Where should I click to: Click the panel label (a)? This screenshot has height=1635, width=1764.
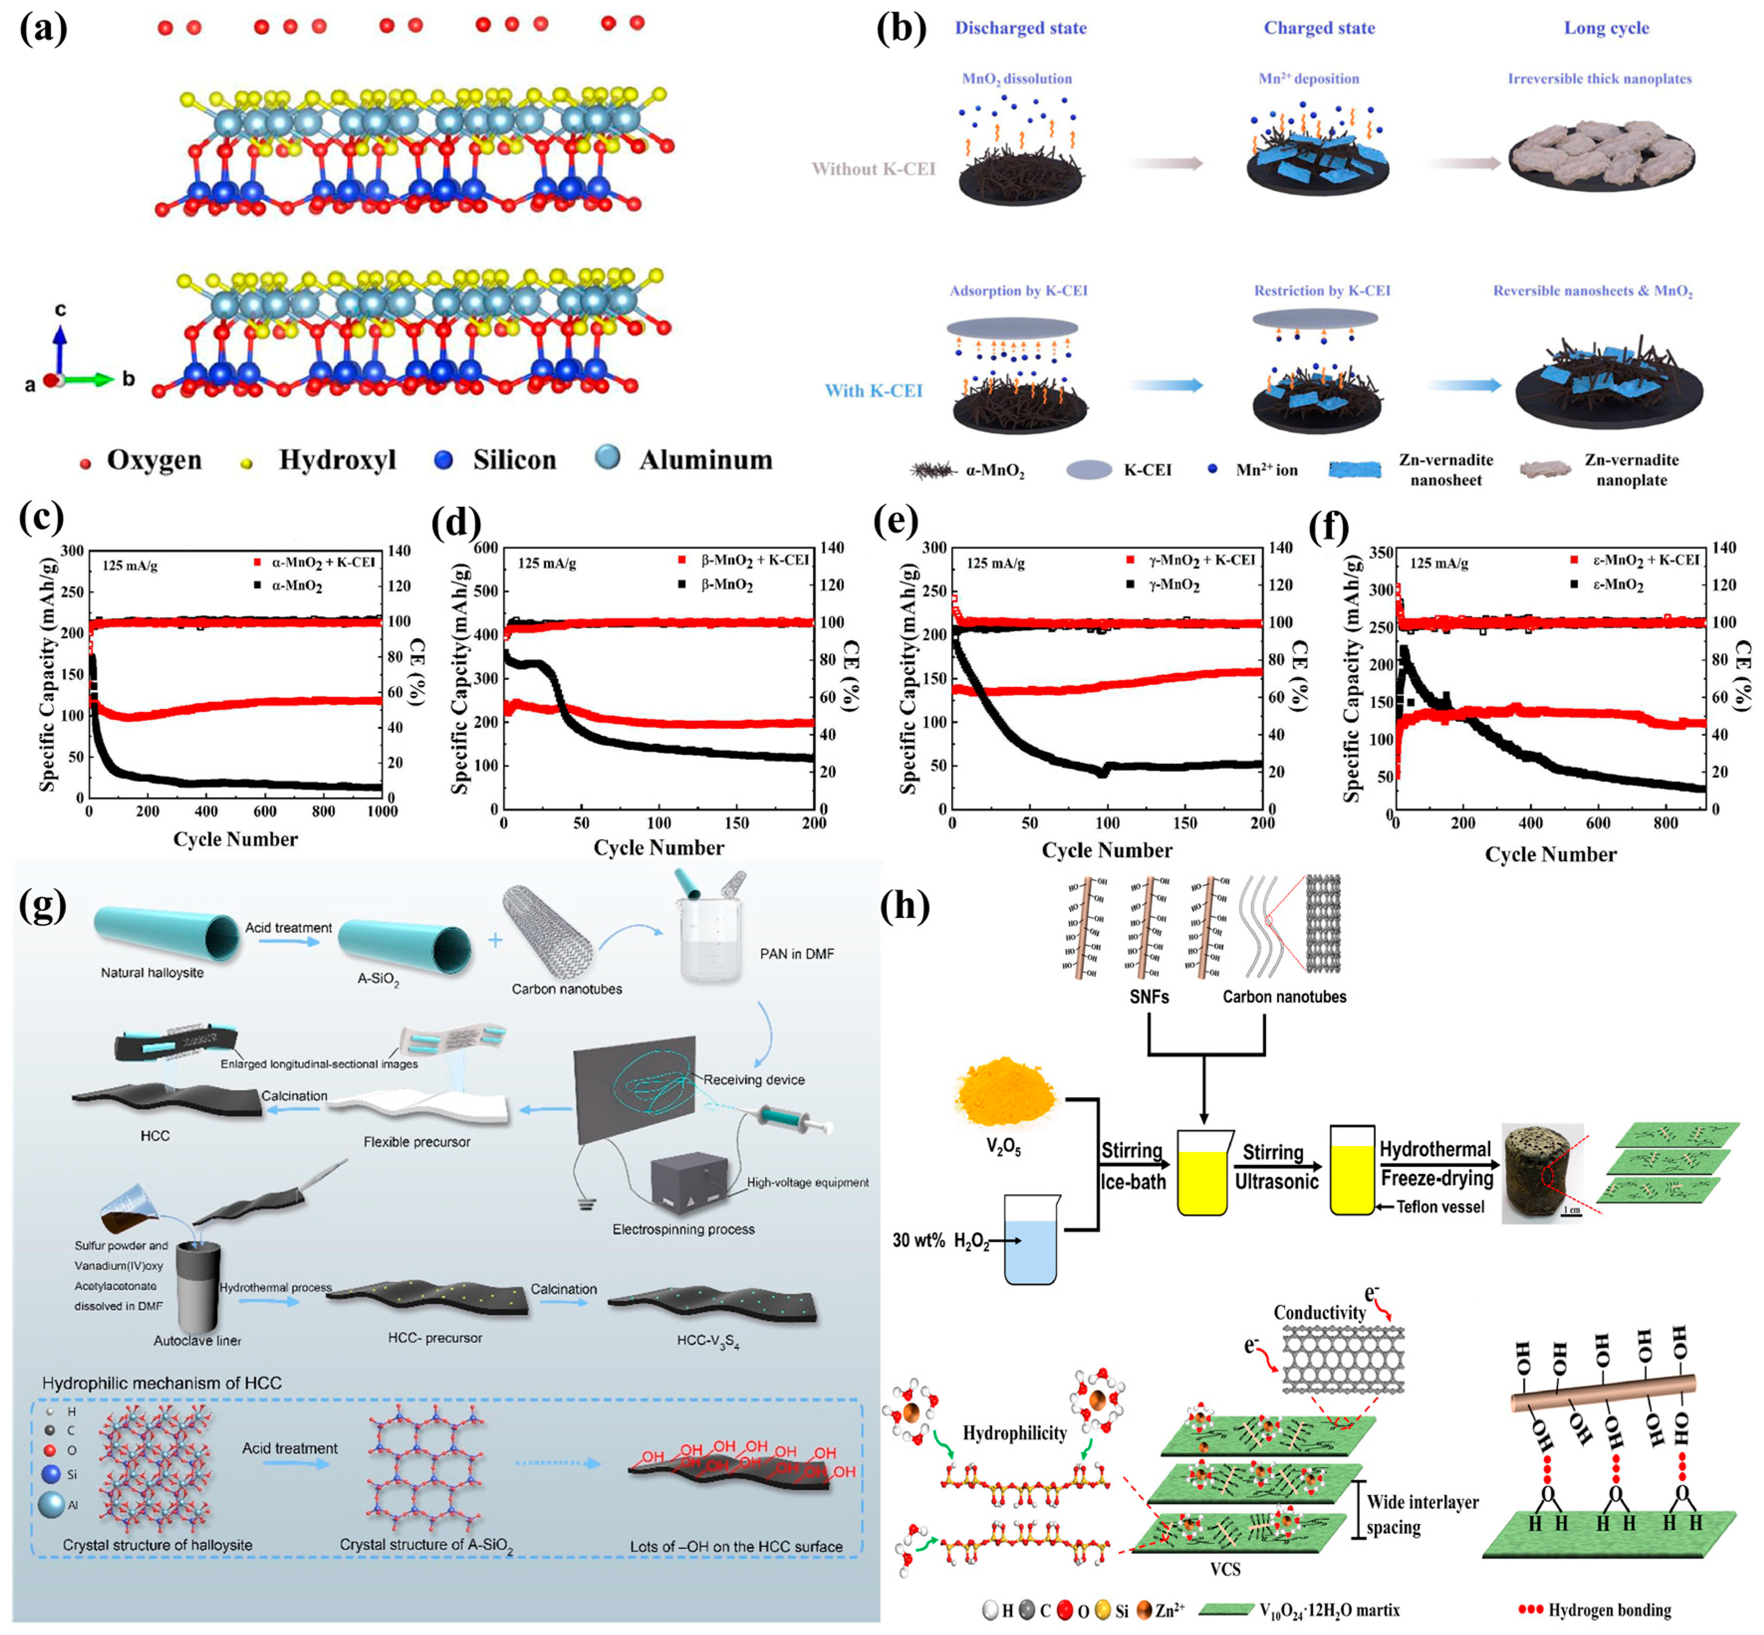pyautogui.click(x=42, y=29)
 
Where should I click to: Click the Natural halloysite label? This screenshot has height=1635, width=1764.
pyautogui.click(x=152, y=972)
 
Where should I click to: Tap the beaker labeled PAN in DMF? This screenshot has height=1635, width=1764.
pyautogui.click(x=710, y=948)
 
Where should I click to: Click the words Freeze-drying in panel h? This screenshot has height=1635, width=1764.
pyautogui.click(x=1436, y=1177)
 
